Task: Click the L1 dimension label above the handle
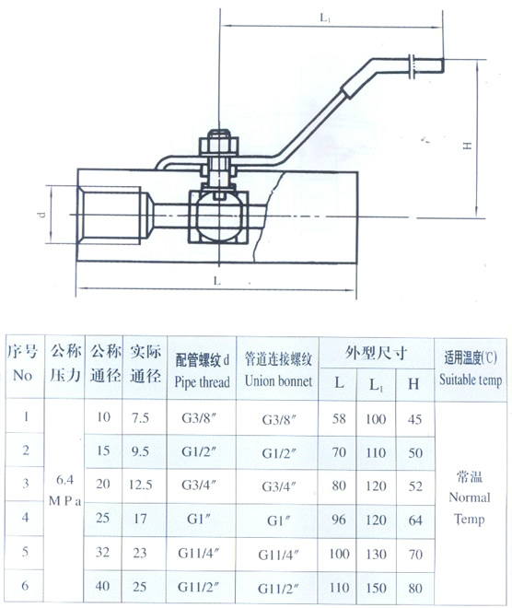click(x=325, y=18)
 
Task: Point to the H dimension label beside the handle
click(x=468, y=146)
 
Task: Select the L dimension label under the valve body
click(x=217, y=281)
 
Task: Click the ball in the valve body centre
click(x=219, y=217)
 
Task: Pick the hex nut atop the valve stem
click(x=219, y=145)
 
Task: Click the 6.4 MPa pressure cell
click(x=64, y=490)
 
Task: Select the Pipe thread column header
click(x=202, y=382)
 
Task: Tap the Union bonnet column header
click(x=278, y=380)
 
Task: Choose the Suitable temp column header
click(x=471, y=380)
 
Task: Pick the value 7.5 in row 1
click(x=140, y=417)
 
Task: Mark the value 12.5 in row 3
click(x=140, y=485)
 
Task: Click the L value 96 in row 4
click(x=338, y=520)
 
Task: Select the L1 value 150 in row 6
click(x=376, y=588)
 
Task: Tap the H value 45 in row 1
click(x=414, y=419)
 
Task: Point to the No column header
click(x=22, y=375)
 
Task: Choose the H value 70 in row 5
click(x=415, y=554)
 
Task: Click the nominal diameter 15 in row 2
click(x=103, y=450)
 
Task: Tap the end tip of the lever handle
click(x=442, y=71)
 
